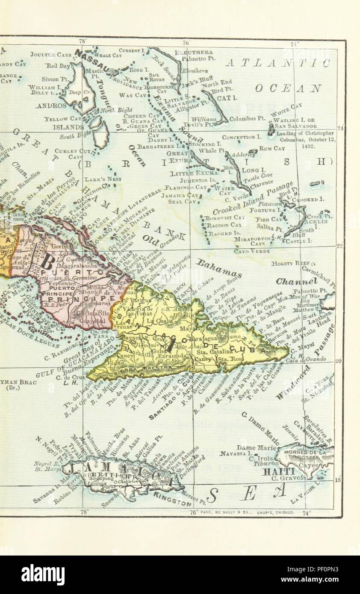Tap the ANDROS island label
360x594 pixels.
51,105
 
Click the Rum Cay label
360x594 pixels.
272,148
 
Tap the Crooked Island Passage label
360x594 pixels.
253,198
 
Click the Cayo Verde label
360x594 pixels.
252,251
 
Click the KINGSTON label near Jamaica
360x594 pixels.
173,500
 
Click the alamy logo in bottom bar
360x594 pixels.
43,574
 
